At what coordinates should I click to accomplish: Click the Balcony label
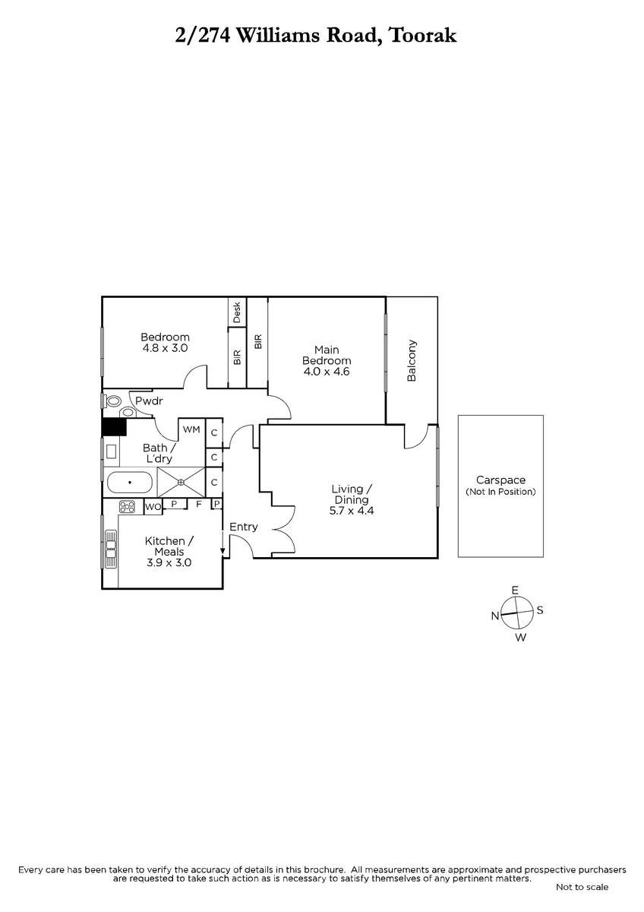(412, 360)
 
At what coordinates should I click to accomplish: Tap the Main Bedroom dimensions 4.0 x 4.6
(327, 372)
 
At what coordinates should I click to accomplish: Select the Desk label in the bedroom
(237, 312)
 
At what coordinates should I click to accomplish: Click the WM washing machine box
(191, 429)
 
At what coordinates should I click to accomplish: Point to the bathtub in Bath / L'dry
(130, 483)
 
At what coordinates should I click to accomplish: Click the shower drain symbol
(181, 482)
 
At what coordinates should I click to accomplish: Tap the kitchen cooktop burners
(127, 506)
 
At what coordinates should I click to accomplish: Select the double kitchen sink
(111, 549)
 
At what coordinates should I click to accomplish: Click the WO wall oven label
(153, 507)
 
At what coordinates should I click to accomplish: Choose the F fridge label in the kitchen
(199, 504)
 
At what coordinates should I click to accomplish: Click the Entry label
(244, 527)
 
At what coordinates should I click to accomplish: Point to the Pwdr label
(149, 401)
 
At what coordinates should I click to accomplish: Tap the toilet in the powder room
(112, 401)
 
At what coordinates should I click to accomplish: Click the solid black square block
(115, 427)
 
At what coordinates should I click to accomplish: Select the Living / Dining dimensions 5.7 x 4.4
(352, 511)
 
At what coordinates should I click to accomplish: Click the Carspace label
(500, 480)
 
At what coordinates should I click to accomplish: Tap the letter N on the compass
(495, 616)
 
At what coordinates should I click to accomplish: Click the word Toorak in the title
(423, 36)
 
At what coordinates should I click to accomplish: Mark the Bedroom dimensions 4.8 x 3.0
(165, 348)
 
